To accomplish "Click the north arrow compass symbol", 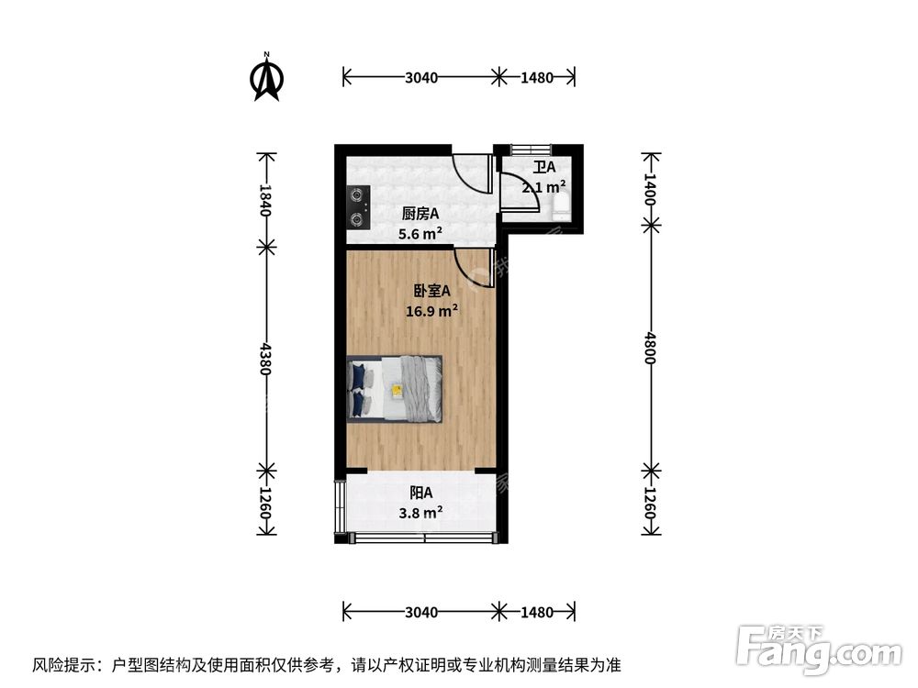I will pyautogui.click(x=267, y=79).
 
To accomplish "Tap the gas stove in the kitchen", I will pyautogui.click(x=357, y=207).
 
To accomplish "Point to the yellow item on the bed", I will pyautogui.click(x=397, y=390).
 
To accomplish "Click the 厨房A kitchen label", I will pyautogui.click(x=420, y=214).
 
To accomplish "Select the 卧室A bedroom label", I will pyautogui.click(x=431, y=291).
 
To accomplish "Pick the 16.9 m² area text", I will pyautogui.click(x=432, y=311).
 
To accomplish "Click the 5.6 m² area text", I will pyautogui.click(x=420, y=234).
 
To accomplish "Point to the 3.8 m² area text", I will pyautogui.click(x=421, y=513).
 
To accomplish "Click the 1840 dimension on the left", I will pyautogui.click(x=266, y=200).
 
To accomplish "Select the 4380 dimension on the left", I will pyautogui.click(x=266, y=359).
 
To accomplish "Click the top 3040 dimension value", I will pyautogui.click(x=420, y=78).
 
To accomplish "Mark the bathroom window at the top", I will pyautogui.click(x=531, y=150).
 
